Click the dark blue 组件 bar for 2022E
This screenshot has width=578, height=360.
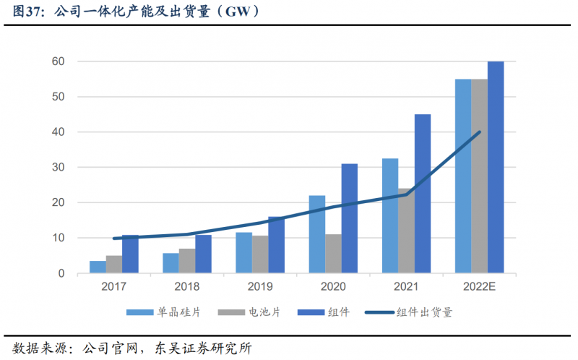[x=496, y=167]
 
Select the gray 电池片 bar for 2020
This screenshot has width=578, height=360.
[x=333, y=254]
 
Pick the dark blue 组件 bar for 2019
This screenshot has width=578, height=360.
[x=276, y=245]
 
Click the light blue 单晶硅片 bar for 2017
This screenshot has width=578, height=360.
[x=98, y=267]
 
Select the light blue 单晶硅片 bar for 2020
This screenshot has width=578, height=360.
[x=316, y=234]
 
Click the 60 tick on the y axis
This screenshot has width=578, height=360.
[x=58, y=61]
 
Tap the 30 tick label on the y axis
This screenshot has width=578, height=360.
[x=58, y=167]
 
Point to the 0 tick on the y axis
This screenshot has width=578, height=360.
[x=61, y=273]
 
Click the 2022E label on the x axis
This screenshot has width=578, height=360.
[x=479, y=287]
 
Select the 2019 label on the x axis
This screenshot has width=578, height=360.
[x=260, y=287]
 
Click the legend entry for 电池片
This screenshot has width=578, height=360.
[x=270, y=312]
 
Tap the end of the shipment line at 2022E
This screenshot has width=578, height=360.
[x=480, y=132]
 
